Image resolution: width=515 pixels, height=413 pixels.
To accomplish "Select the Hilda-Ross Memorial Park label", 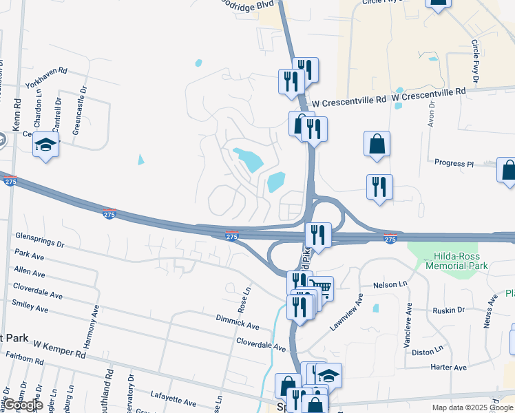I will (x=456, y=260).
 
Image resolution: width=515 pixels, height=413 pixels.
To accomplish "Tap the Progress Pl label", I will (x=454, y=164).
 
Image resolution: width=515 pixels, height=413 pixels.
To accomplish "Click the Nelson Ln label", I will (x=385, y=284).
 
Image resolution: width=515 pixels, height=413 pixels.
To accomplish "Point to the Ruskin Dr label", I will (x=449, y=310).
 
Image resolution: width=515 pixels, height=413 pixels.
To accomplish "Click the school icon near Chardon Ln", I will (x=46, y=145).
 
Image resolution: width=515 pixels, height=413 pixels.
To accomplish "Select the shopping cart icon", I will (x=320, y=287).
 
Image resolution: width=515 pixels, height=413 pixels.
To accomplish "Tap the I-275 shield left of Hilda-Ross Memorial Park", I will (x=390, y=239).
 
